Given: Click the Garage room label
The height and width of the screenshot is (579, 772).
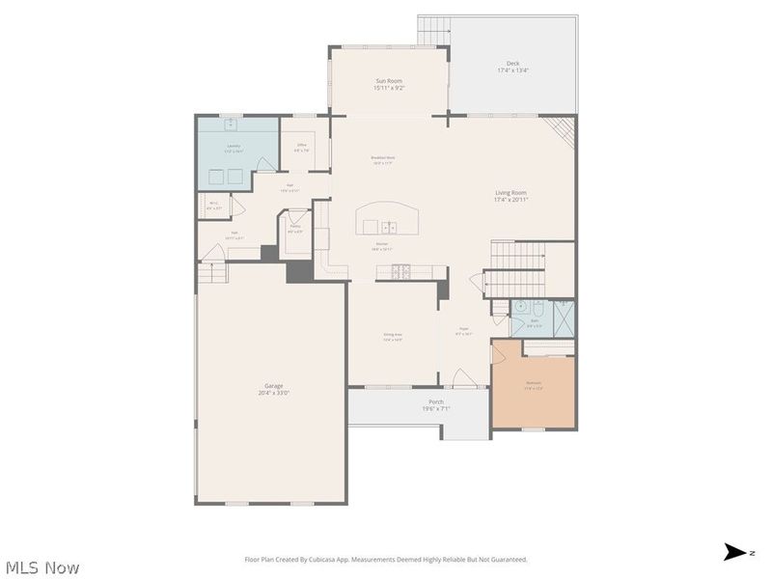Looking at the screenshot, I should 273,389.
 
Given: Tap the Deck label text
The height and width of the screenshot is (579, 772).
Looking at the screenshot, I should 512,67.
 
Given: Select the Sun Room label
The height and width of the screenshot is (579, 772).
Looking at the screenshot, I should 388,84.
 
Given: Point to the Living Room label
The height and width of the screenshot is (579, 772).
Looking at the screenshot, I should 511,196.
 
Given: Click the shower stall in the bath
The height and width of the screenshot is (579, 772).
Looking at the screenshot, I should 564,317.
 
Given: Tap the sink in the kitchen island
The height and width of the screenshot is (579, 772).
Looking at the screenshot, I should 387,226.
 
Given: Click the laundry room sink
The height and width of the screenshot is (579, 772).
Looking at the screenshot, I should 233,125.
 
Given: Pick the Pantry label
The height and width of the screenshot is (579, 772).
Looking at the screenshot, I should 294,229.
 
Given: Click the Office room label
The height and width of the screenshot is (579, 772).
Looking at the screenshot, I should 302,148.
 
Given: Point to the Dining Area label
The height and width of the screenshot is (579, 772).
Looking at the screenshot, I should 393,337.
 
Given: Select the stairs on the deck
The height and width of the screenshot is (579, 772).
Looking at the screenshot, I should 434,31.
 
